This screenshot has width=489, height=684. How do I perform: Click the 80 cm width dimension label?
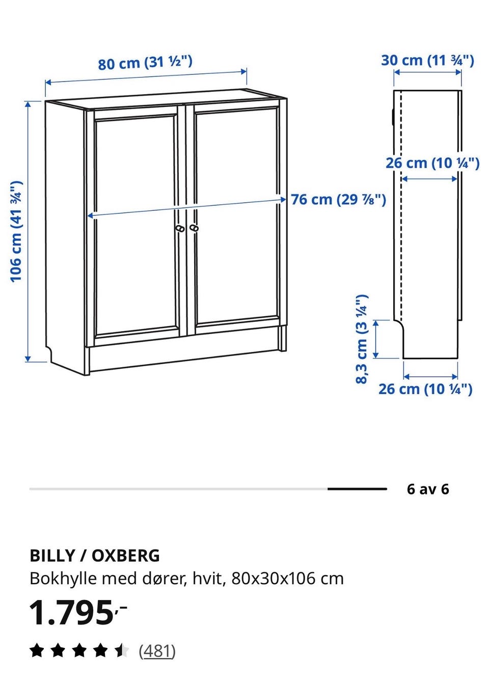[145, 63]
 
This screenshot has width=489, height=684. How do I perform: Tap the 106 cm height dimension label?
[16, 231]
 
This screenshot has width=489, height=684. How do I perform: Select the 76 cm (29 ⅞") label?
[338, 200]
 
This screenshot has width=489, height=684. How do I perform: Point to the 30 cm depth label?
[427, 60]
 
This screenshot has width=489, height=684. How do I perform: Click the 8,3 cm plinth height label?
[362, 339]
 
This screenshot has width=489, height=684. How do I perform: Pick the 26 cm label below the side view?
[425, 389]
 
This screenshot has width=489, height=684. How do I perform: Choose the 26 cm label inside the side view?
[432, 163]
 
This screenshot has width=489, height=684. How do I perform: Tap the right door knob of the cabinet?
[194, 228]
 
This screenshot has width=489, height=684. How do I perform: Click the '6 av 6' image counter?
[427, 489]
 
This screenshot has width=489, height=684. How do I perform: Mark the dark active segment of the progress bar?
[357, 489]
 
